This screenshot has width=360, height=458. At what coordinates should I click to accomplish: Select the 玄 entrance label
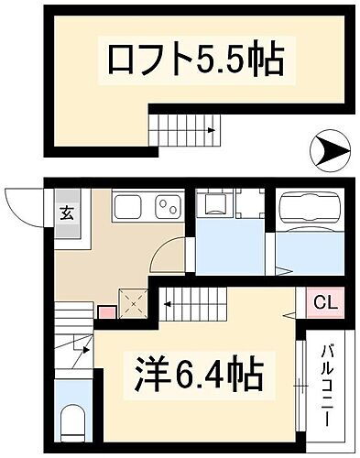click(x=67, y=215)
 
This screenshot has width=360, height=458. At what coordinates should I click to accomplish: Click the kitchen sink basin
click(x=127, y=207)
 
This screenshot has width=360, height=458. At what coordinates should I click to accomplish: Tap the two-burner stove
click(x=167, y=207)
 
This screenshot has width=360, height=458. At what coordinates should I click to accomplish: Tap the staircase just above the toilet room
click(x=73, y=352)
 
